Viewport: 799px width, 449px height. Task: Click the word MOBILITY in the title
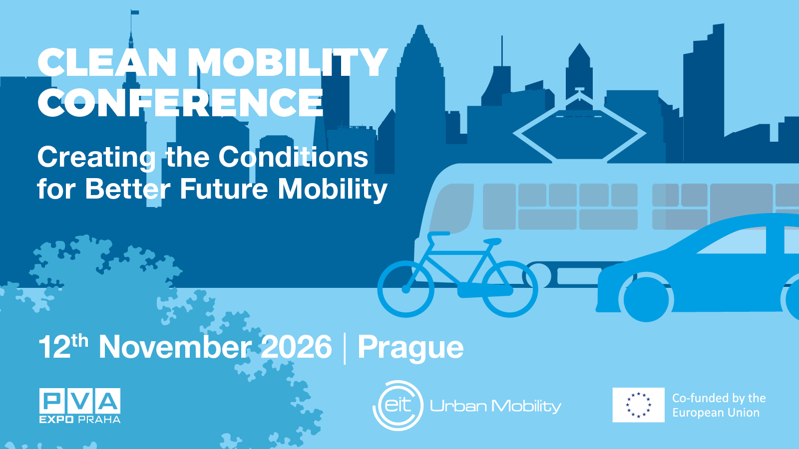(x=288, y=62)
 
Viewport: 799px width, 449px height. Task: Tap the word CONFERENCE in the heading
(x=180, y=102)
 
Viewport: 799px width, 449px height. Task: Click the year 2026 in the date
(x=297, y=346)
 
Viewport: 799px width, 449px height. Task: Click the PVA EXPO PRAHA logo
(x=80, y=406)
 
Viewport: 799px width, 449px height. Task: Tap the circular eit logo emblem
(x=398, y=406)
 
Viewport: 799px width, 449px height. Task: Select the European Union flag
(x=639, y=405)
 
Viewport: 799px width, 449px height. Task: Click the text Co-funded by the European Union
(x=719, y=405)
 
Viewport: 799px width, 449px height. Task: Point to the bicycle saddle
(x=492, y=241)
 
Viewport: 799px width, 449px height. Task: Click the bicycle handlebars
(x=438, y=234)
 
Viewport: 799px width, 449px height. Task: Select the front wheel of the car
(x=646, y=299)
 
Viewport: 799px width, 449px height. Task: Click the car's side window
(x=731, y=240)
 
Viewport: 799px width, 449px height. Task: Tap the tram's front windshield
(x=452, y=209)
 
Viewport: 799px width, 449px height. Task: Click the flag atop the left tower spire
(x=135, y=12)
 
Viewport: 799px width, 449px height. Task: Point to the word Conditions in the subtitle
(x=293, y=157)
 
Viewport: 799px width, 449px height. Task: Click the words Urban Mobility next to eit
(x=495, y=406)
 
